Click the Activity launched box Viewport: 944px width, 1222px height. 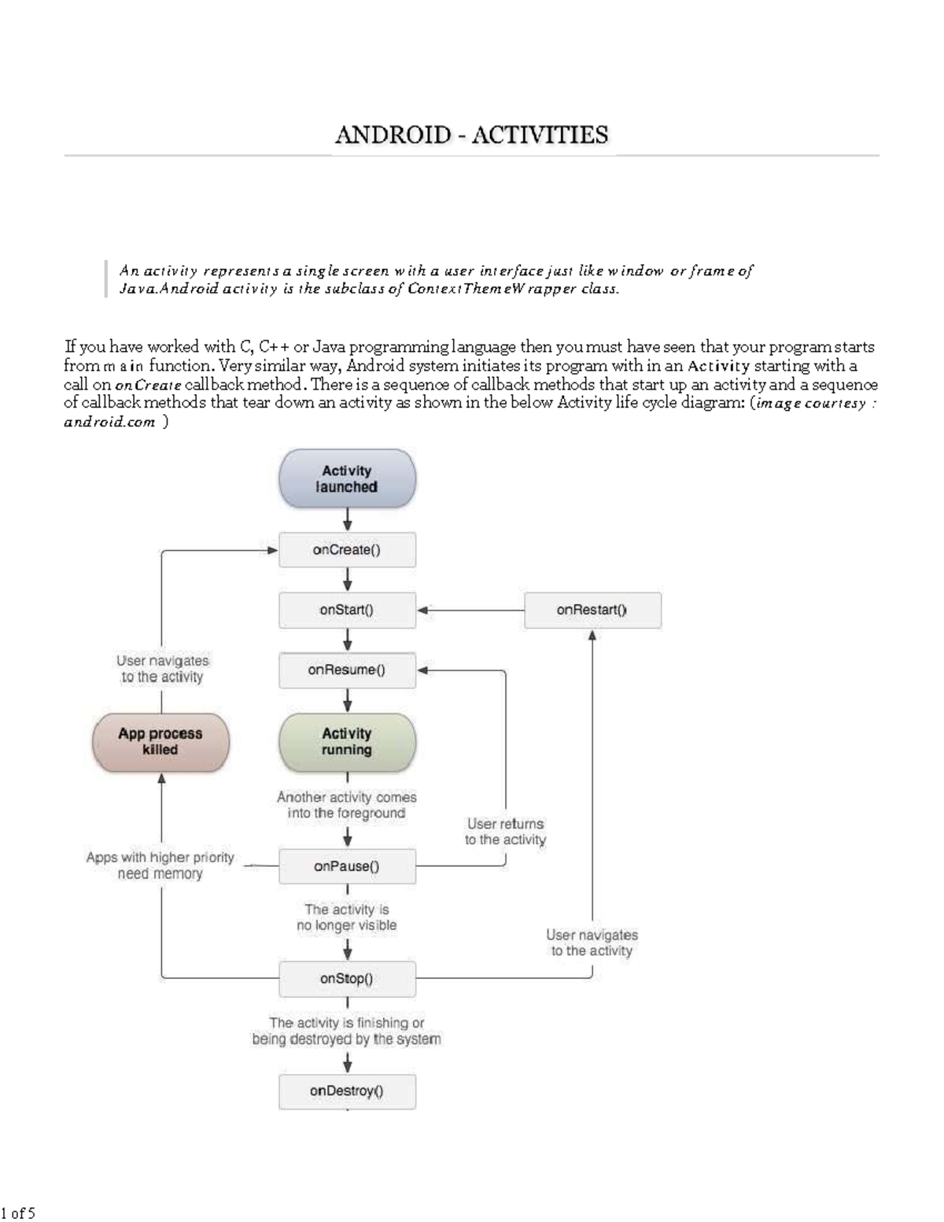click(x=347, y=478)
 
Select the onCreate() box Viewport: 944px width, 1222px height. click(x=347, y=550)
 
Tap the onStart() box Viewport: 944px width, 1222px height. click(x=347, y=610)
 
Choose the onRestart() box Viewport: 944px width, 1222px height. click(x=592, y=610)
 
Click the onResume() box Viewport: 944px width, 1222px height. click(x=347, y=670)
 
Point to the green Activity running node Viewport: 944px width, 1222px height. click(x=347, y=742)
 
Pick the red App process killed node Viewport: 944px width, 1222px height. click(x=160, y=742)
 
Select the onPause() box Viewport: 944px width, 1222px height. click(x=347, y=866)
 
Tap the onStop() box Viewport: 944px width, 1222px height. click(x=347, y=979)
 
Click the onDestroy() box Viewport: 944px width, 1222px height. click(x=347, y=1091)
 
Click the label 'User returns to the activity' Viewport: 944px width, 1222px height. click(x=505, y=832)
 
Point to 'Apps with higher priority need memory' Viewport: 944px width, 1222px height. click(x=160, y=866)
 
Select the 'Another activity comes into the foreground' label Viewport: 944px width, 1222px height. click(x=347, y=805)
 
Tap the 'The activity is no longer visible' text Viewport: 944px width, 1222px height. click(x=347, y=917)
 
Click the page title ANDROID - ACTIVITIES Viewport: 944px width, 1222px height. click(x=471, y=135)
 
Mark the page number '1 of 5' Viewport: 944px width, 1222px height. click(x=19, y=1213)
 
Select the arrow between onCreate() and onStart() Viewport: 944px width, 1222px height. click(x=347, y=581)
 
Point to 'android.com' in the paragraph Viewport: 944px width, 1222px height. click(x=109, y=423)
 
